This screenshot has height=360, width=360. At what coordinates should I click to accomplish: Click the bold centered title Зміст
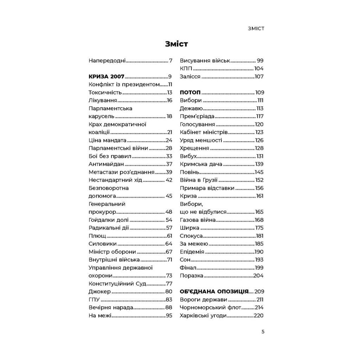[176, 44]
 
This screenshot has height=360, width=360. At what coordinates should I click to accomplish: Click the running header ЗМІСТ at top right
[251, 28]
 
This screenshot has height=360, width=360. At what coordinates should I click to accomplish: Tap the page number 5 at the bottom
[263, 332]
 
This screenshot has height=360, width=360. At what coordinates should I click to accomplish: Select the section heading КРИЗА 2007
[105, 77]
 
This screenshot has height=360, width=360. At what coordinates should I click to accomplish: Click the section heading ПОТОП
[190, 92]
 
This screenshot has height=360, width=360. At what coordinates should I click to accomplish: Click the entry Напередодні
[107, 60]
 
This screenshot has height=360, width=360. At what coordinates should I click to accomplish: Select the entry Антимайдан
[106, 164]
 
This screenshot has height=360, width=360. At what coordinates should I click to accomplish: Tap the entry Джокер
[100, 291]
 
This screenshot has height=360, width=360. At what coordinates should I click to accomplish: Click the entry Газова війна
[198, 220]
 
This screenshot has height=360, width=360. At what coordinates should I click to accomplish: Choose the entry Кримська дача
[201, 164]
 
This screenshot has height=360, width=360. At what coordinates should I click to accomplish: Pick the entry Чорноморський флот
[210, 308]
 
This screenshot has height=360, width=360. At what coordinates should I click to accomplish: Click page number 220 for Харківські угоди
[258, 316]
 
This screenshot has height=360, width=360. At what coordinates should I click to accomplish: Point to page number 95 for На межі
[169, 316]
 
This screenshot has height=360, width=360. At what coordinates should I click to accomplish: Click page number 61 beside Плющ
[169, 236]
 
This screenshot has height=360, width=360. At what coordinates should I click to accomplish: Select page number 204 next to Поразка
[258, 276]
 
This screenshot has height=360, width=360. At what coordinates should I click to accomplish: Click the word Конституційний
[112, 283]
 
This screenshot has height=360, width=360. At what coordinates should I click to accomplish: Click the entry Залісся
[190, 77]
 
